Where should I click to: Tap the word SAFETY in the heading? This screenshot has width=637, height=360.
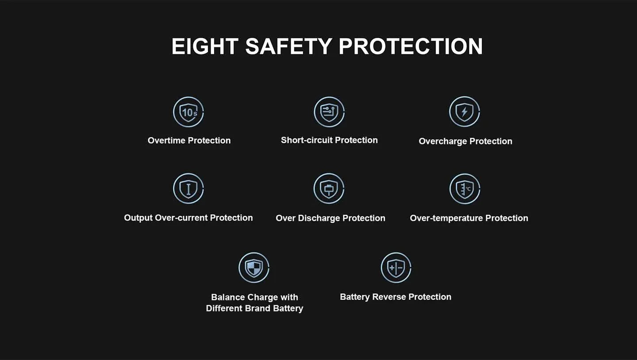[288, 46]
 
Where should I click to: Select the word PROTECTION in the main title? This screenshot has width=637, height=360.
[411, 46]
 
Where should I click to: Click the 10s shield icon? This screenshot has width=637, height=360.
[188, 112]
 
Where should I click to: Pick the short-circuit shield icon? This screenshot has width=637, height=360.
[329, 112]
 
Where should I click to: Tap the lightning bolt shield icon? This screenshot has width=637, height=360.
[464, 111]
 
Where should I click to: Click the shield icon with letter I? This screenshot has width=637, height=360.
[188, 188]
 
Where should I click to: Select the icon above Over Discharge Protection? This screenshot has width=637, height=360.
[329, 188]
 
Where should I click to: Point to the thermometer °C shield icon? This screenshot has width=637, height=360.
[464, 189]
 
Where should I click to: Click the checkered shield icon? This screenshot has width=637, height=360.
[253, 268]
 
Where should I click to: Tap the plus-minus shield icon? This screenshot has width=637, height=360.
[396, 268]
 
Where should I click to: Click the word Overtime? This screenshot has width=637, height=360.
[166, 141]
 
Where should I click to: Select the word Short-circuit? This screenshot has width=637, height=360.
[307, 140]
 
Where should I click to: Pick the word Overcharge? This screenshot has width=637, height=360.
[443, 142]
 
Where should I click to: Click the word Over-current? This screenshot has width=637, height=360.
[181, 218]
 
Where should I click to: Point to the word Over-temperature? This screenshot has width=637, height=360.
[446, 218]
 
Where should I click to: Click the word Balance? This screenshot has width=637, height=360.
[228, 297]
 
